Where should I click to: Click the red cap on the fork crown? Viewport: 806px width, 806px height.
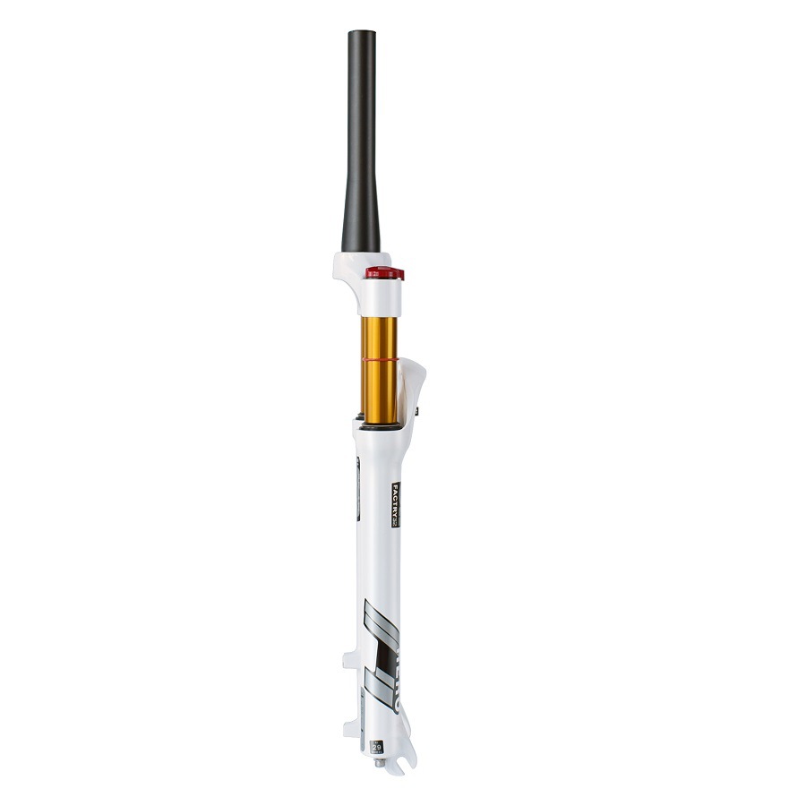coord(384,272)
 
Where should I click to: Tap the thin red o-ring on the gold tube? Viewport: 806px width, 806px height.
coord(380,356)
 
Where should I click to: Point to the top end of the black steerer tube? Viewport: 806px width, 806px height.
coord(362,34)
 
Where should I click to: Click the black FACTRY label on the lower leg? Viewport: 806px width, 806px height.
coord(395,505)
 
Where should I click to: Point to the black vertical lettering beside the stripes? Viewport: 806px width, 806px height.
coord(395,681)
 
